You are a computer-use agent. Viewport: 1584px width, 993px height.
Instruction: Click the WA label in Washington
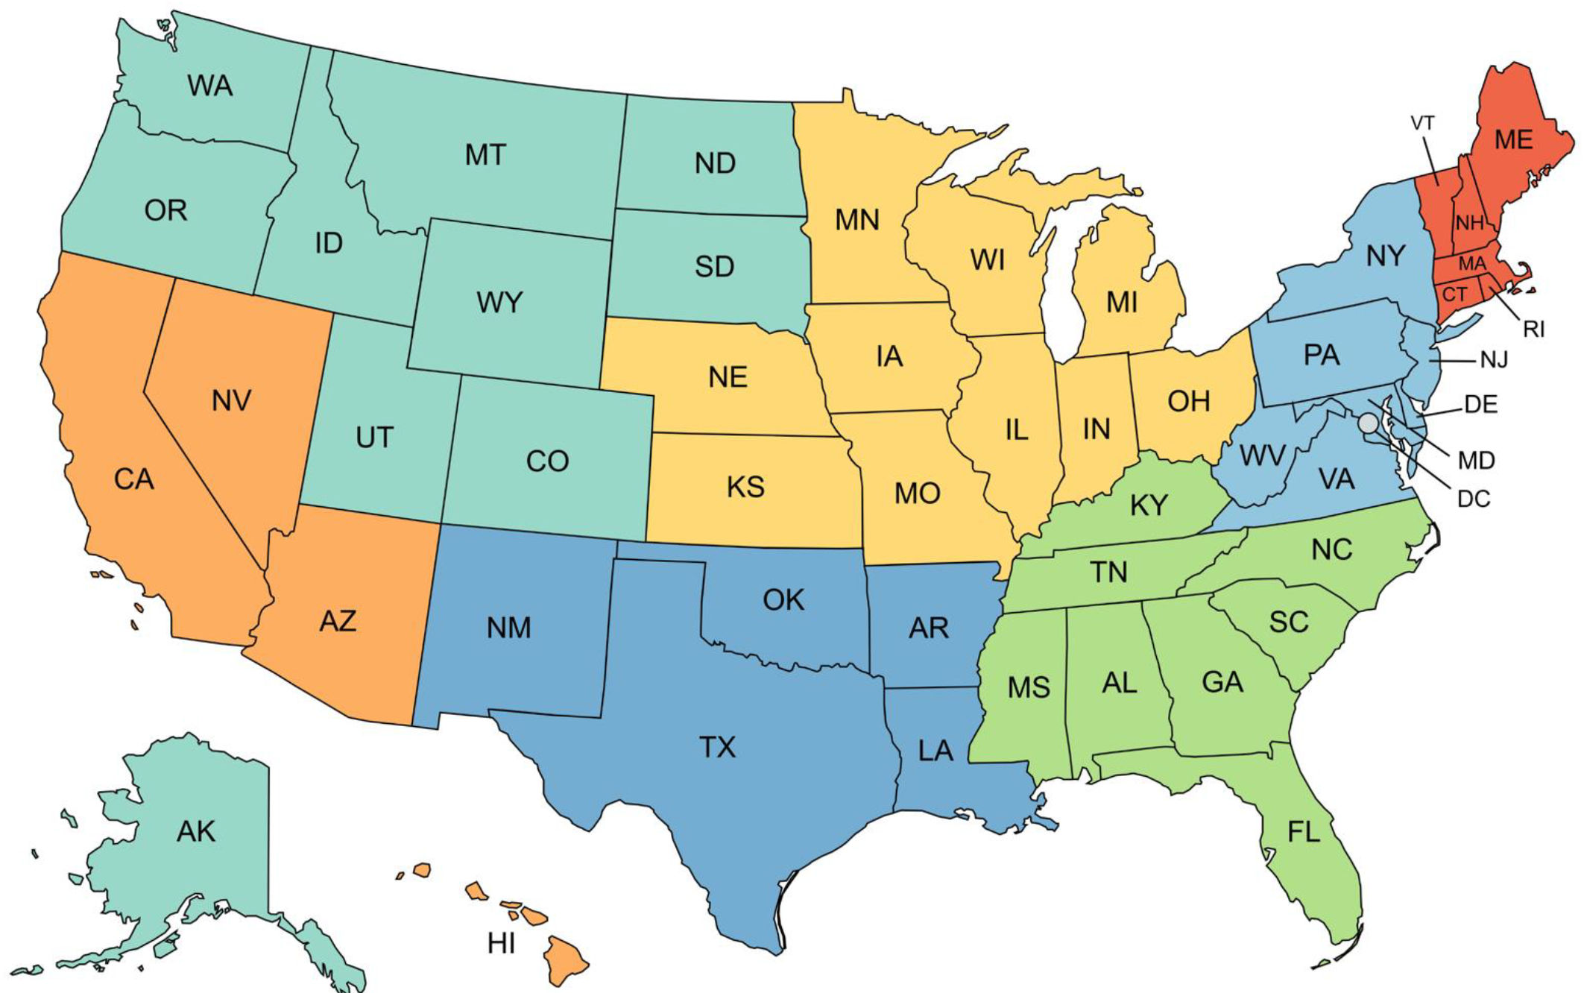click(x=210, y=86)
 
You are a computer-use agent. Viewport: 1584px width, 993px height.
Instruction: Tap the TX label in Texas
click(x=717, y=747)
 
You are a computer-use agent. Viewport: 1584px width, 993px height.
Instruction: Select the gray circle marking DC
click(x=1368, y=423)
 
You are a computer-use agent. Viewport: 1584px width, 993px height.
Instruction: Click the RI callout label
click(x=1534, y=329)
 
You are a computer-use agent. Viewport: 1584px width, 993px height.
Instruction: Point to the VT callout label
click(x=1422, y=123)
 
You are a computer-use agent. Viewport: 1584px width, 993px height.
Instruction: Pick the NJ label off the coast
click(x=1494, y=361)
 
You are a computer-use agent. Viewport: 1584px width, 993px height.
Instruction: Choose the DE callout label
click(x=1480, y=405)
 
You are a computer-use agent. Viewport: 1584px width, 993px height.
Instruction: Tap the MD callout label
click(x=1476, y=461)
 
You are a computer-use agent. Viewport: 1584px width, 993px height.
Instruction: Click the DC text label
click(x=1473, y=499)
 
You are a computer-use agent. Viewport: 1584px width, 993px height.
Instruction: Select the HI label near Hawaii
click(x=501, y=944)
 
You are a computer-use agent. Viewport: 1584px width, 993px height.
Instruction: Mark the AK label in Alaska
click(x=196, y=831)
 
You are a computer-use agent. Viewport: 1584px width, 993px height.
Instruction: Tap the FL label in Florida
click(x=1304, y=831)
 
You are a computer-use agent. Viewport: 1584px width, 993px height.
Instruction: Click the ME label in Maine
click(x=1514, y=139)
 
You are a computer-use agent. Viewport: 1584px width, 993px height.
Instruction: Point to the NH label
click(x=1469, y=222)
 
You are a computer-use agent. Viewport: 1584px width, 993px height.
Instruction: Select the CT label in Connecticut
click(x=1454, y=294)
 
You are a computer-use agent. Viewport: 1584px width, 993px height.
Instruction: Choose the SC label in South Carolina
click(x=1289, y=622)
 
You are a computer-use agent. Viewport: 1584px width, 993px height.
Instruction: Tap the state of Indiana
click(x=1096, y=429)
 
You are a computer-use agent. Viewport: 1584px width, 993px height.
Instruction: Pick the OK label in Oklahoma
click(x=783, y=599)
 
